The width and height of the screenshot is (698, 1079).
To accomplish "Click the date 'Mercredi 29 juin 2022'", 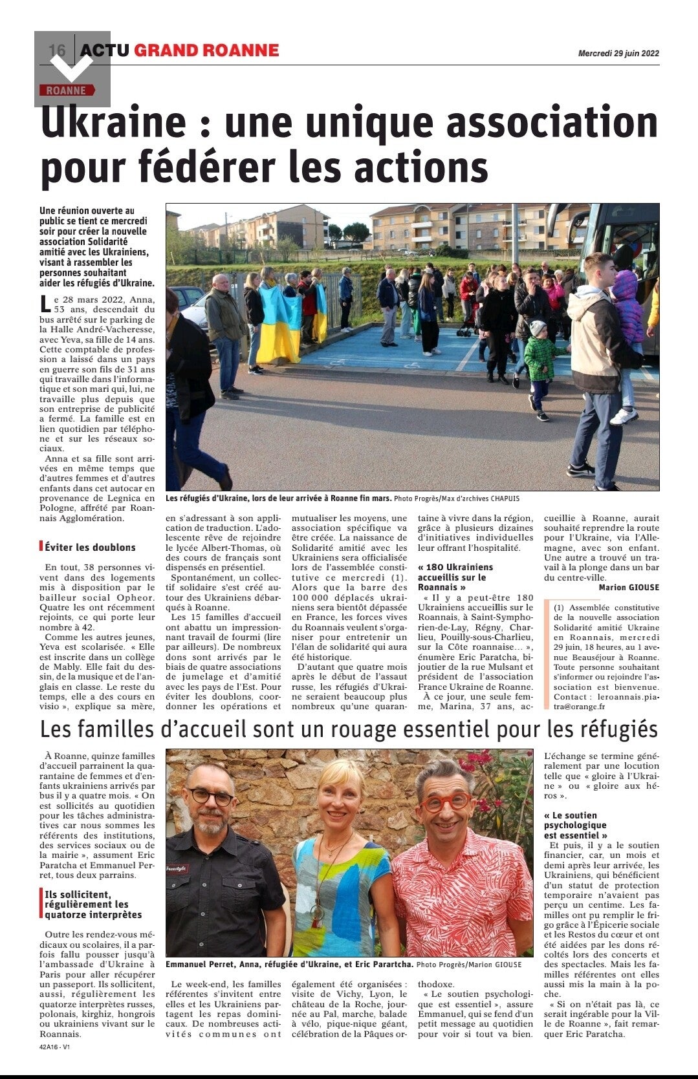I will [x=618, y=54].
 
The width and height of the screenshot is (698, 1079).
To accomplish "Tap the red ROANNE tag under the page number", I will [x=66, y=91].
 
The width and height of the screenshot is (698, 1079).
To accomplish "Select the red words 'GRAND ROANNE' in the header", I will [x=206, y=50].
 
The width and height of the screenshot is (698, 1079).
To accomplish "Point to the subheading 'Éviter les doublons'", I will [x=90, y=547].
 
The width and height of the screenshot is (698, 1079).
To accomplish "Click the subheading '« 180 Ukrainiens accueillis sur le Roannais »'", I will [x=455, y=577].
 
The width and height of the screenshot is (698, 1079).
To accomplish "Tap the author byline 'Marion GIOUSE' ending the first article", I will [x=629, y=588].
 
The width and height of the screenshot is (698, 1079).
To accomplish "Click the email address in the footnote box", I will [x=602, y=702].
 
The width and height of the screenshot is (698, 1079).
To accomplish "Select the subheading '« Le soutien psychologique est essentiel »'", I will [x=575, y=825].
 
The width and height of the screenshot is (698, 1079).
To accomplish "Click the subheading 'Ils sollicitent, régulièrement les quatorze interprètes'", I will [x=93, y=904].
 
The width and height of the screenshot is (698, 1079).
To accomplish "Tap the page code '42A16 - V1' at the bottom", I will [x=54, y=1047].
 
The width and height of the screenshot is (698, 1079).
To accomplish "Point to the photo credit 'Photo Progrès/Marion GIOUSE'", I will [x=468, y=965].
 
